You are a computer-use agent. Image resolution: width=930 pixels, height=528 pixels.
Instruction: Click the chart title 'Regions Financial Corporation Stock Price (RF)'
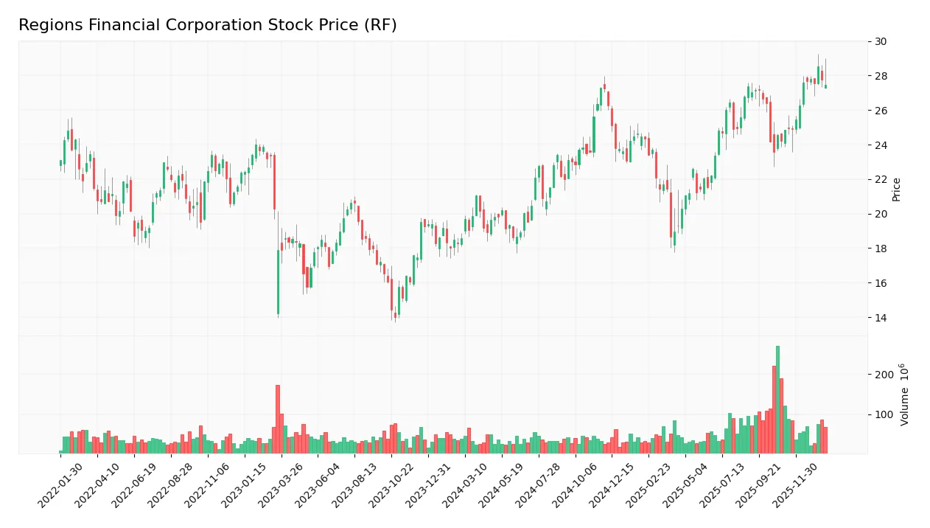tap(207, 25)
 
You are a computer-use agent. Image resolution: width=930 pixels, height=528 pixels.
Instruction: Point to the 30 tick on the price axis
tap(880, 41)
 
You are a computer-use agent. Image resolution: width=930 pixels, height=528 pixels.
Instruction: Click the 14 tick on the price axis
tap(880, 318)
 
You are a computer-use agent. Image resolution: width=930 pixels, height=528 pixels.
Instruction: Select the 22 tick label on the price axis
tap(880, 179)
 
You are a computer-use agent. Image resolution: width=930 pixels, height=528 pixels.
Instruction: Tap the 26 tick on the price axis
tap(880, 111)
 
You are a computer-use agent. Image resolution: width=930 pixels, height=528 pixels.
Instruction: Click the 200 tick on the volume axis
tap(884, 375)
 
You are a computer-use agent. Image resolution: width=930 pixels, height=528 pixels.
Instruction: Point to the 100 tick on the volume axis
tap(884, 414)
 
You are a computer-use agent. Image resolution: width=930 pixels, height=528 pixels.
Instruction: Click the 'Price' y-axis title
tap(897, 190)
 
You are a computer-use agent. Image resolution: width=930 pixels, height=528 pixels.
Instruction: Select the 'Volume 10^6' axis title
tap(904, 395)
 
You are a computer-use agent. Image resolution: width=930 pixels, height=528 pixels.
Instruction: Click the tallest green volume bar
tap(777, 399)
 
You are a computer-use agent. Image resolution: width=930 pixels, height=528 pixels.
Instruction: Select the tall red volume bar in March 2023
tap(278, 419)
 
